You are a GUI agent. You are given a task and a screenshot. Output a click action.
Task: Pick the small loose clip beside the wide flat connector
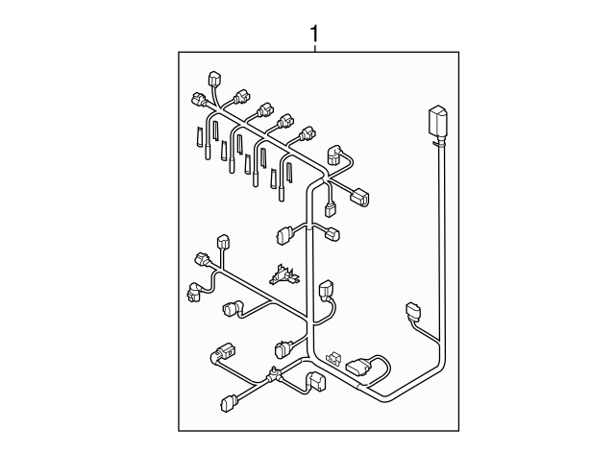coord(333,357)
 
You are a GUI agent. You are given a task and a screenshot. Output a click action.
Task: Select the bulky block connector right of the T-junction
coord(315,382)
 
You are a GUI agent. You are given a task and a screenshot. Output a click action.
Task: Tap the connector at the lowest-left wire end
coord(228,403)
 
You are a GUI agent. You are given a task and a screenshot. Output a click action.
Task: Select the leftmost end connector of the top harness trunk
coord(199,100)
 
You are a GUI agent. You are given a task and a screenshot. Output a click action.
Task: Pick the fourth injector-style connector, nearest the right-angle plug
coord(307,132)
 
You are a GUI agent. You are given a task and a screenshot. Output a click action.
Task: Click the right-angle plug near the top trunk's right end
coord(337,154)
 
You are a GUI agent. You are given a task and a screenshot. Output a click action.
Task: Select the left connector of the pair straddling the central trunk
coord(284,234)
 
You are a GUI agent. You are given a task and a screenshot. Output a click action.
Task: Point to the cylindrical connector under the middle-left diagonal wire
coord(232,309)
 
